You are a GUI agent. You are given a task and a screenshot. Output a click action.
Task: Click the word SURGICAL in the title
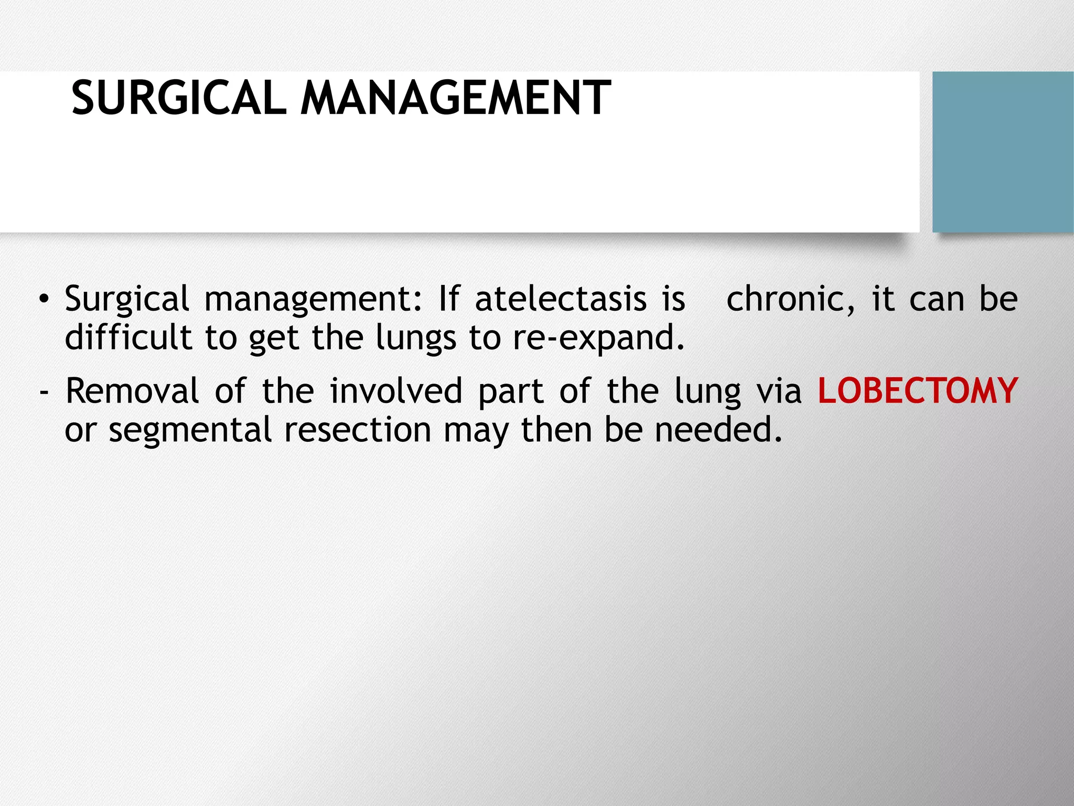[x=179, y=98]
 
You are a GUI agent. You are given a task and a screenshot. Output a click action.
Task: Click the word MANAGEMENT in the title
[x=455, y=98]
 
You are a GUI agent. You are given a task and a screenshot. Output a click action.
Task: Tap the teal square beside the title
[x=1003, y=152]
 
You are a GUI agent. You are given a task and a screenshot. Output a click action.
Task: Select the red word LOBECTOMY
[x=918, y=391]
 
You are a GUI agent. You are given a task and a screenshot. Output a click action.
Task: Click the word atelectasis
[x=561, y=299]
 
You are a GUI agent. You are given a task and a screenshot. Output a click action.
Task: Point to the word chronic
[x=790, y=299]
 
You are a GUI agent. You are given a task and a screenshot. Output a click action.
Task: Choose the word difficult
[x=128, y=337]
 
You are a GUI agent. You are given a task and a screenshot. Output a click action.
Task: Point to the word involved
[x=396, y=391]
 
